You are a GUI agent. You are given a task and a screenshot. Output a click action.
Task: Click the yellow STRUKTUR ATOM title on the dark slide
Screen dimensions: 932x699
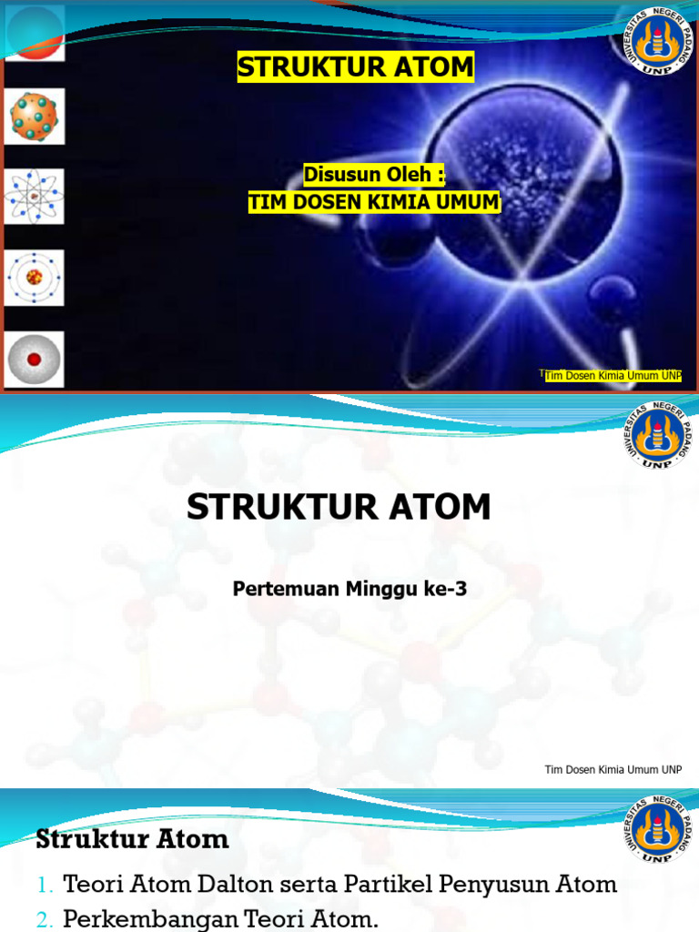[356, 67]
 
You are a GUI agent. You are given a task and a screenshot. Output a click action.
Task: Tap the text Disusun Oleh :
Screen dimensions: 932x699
[374, 174]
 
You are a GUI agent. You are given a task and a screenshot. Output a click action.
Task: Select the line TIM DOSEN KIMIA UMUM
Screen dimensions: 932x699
[374, 203]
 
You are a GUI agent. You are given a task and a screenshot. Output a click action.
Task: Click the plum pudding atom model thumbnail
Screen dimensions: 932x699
[35, 116]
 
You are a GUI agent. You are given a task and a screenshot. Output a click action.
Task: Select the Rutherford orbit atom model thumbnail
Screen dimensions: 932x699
[35, 196]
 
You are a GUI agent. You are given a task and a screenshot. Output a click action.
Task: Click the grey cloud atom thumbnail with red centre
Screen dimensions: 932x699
[35, 359]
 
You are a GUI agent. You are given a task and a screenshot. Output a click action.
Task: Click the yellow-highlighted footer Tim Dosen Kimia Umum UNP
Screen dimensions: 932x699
[613, 377]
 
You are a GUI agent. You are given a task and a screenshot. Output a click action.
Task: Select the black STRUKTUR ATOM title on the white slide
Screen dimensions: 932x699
[339, 507]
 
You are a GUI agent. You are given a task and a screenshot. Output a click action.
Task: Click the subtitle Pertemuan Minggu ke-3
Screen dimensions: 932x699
[349, 589]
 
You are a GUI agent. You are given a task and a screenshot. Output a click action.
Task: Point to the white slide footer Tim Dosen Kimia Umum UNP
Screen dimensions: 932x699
[613, 770]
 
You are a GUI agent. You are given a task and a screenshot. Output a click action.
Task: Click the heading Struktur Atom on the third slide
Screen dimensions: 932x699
[132, 839]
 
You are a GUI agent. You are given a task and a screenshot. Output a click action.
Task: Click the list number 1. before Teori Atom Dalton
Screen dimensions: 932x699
[46, 885]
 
